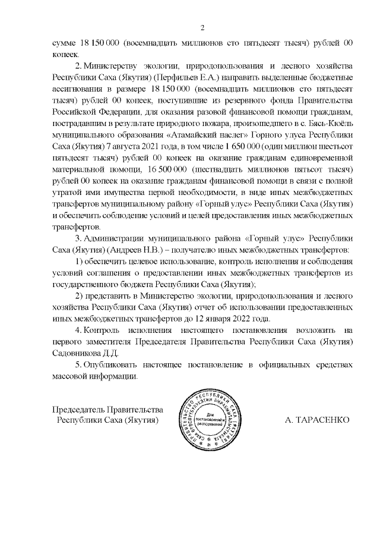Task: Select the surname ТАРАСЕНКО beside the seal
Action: click(317, 420)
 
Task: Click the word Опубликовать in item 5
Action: click(113, 363)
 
